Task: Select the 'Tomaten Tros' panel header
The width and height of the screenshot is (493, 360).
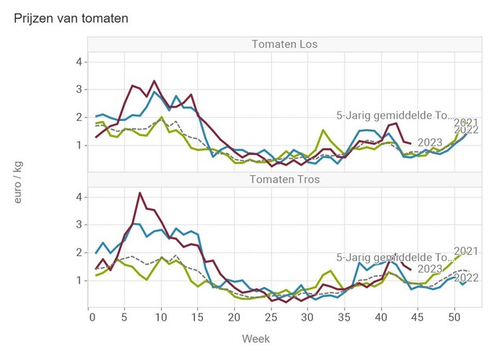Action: click(x=284, y=178)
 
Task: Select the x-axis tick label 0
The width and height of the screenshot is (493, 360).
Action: click(x=88, y=317)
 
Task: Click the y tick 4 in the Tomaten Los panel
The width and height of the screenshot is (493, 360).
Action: click(x=78, y=61)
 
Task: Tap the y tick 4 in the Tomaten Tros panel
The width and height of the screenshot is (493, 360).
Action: click(x=78, y=197)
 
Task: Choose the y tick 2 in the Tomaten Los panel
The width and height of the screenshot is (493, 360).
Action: click(x=78, y=117)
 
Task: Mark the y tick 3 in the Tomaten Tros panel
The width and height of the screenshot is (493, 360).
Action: click(x=78, y=225)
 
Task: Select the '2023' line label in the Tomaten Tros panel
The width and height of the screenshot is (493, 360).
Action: click(x=429, y=270)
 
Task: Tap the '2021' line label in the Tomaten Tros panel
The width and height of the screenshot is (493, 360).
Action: click(x=466, y=252)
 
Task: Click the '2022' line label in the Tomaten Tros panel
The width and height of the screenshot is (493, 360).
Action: click(x=466, y=278)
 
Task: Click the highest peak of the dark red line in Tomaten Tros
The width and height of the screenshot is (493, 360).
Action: click(x=140, y=193)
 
